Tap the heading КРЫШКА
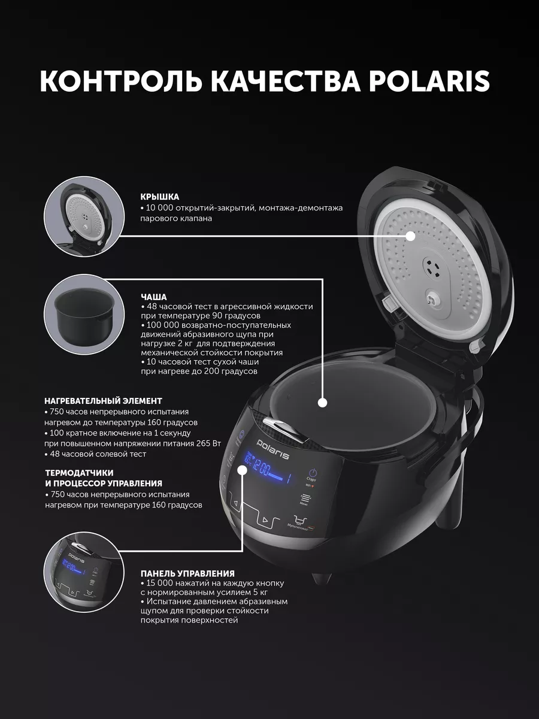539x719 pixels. click(160, 197)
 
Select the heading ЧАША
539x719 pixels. click(153, 297)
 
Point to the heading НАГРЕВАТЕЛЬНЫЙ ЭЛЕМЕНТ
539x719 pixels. click(103, 401)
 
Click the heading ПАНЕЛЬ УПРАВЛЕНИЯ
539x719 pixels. click(187, 573)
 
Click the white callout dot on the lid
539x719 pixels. click(410, 236)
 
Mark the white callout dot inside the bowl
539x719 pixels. click(322, 403)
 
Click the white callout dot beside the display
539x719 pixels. click(242, 471)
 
